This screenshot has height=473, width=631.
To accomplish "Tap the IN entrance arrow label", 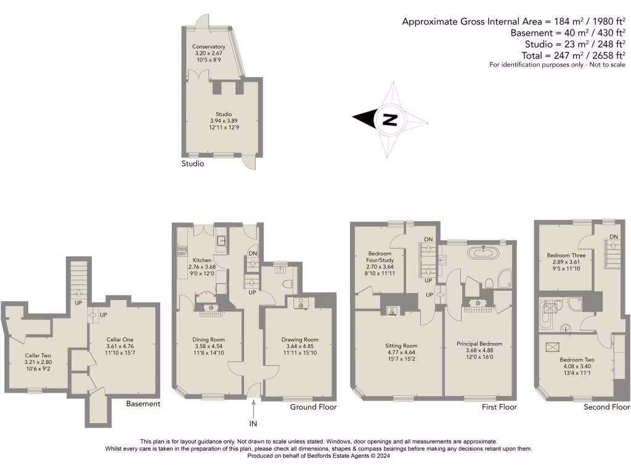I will pos(253,423).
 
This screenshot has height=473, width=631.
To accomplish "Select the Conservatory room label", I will pos(208,47).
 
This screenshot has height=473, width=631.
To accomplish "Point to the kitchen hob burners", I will pos(182,250).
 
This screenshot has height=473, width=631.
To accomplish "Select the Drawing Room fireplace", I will pos(299,302).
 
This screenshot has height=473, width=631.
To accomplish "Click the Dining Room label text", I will pos(209,339).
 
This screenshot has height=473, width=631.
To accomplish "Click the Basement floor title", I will pos(143,404).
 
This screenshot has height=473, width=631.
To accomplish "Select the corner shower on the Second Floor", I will pos(574,304).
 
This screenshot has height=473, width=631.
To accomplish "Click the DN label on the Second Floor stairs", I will pos(613,237).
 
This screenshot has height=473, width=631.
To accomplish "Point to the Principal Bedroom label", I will pos(479,344).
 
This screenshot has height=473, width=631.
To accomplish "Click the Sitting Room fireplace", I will pos(391,310).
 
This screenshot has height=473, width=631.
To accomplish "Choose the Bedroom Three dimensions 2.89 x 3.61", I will pos(566,262).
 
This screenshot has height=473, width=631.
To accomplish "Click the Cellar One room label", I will pos(120,339).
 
